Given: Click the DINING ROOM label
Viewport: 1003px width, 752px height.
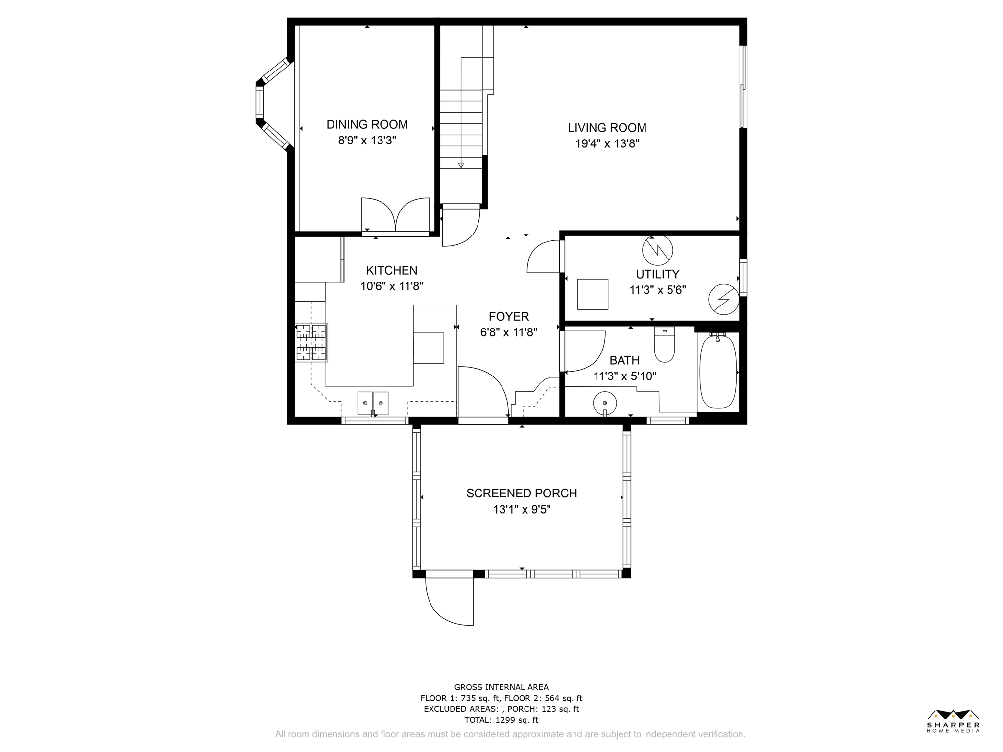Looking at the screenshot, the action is click(x=367, y=124).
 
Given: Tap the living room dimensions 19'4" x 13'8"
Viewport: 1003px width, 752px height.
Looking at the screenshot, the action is click(x=607, y=143).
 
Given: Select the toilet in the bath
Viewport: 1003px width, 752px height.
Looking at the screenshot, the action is click(x=665, y=344).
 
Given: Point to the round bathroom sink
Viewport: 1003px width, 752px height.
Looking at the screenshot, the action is click(x=605, y=403).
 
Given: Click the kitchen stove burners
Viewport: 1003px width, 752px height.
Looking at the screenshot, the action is click(x=311, y=342).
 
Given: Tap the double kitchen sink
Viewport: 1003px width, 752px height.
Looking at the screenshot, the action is click(x=373, y=403).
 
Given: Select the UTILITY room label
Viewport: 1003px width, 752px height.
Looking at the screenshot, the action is click(x=657, y=274).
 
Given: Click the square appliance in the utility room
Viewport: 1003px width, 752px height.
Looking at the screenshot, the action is click(x=593, y=294).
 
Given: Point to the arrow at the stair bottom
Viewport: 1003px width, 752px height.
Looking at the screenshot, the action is click(x=461, y=165).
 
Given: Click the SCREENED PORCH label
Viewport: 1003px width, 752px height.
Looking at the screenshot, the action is click(x=522, y=493).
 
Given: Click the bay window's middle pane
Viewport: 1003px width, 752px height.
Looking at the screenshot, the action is click(x=260, y=102).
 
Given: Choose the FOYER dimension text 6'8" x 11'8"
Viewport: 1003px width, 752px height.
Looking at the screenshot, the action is click(x=509, y=332).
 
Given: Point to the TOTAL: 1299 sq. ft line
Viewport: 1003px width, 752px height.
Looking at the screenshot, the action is click(x=501, y=720).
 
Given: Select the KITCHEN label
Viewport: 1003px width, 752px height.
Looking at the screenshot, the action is click(x=392, y=270).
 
